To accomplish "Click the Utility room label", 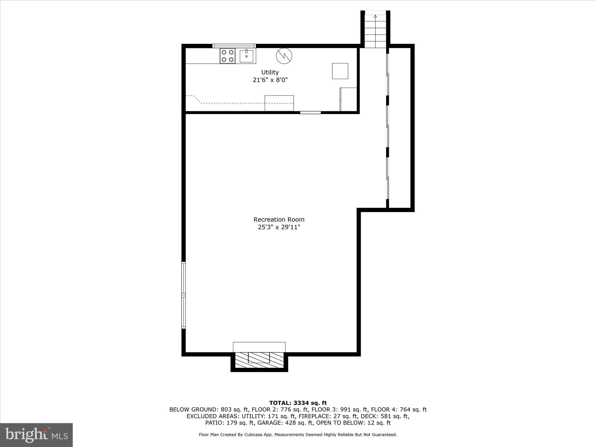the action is coord(270,72).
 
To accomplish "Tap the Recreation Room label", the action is coord(279,219).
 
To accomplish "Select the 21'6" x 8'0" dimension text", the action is coord(270,80).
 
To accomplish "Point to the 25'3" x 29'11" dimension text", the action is coord(279,227).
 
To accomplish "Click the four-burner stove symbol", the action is coord(228,56).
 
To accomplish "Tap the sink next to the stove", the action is coord(246,56).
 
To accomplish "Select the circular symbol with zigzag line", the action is coord(284,56).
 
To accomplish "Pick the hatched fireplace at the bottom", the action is coord(259,361).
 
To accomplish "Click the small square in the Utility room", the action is coord(340,71).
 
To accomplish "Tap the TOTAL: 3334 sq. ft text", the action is coord(298,403).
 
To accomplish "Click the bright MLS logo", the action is coord(36,435).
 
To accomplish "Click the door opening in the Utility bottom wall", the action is coord(311,113).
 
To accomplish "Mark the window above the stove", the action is coord(234,46).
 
